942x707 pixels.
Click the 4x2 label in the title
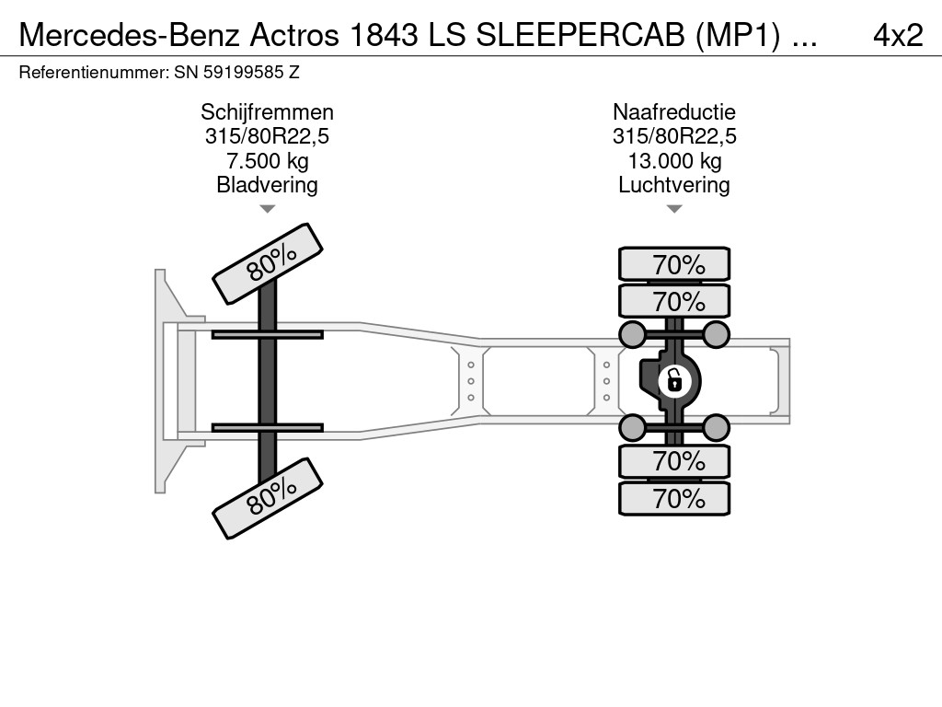coord(897,34)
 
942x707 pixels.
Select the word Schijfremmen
coord(267,112)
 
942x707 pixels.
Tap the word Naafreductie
coord(674,112)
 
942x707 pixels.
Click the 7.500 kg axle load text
coord(267,161)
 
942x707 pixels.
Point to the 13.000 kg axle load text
coord(674,161)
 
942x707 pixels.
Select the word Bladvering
coord(267,185)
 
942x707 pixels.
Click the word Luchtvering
coord(674,185)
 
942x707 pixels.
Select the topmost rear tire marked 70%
coord(674,264)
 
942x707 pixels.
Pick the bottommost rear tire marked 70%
coord(674,499)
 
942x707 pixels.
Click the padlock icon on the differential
coord(674,378)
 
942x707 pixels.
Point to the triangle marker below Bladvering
coord(267,209)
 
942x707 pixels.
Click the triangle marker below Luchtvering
coord(674,209)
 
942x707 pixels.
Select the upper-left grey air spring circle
coord(632,333)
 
